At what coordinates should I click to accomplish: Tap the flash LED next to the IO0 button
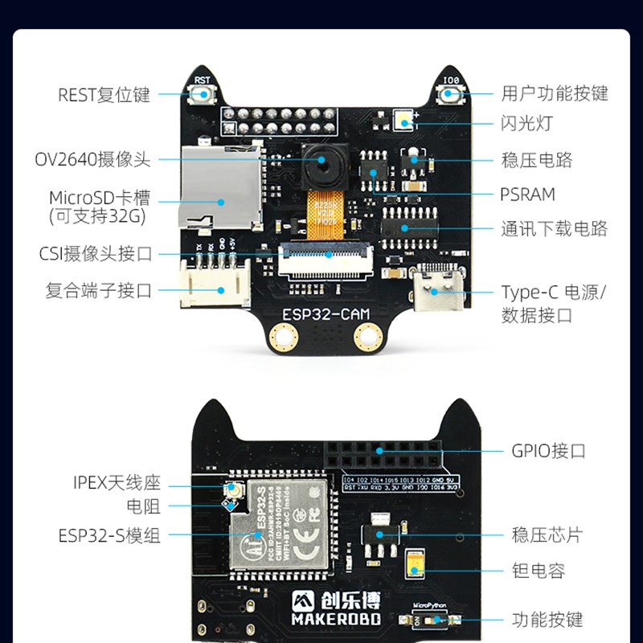(x=403, y=123)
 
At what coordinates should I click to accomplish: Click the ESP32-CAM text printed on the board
(x=321, y=311)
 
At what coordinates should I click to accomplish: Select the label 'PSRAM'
(x=527, y=195)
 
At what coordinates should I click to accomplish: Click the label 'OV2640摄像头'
(x=92, y=159)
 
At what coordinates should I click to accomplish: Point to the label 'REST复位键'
(x=104, y=95)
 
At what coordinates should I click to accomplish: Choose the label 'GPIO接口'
(x=549, y=451)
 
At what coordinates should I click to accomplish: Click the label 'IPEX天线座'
(x=117, y=483)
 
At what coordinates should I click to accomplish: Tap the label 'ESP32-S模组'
(x=109, y=535)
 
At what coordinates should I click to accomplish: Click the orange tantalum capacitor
(x=416, y=567)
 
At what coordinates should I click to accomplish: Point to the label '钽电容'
(x=539, y=571)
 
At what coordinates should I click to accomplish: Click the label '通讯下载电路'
(x=554, y=230)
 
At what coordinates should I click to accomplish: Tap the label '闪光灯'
(x=527, y=124)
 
